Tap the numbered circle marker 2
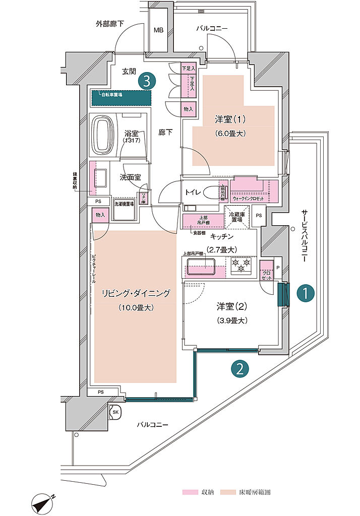pyautogui.click(x=240, y=369)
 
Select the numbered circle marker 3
pyautogui.click(x=146, y=81)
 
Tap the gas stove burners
pyautogui.click(x=241, y=266)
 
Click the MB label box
pyautogui.click(x=159, y=30)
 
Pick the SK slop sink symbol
pyautogui.click(x=115, y=411)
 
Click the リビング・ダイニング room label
pyautogui.click(x=135, y=293)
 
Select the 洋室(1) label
pyautogui.click(x=230, y=119)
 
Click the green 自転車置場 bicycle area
pyautogui.click(x=122, y=97)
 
